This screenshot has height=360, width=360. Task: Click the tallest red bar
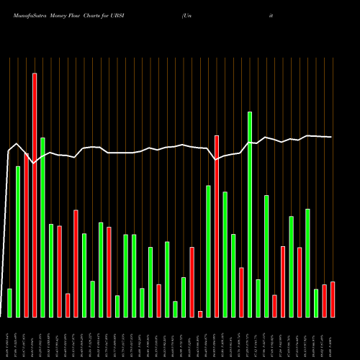click(34, 194)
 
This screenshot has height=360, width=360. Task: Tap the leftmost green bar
click(9, 302)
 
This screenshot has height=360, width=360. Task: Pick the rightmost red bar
click(333, 299)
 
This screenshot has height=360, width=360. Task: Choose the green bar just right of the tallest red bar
click(42, 227)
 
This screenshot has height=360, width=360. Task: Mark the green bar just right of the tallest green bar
click(258, 298)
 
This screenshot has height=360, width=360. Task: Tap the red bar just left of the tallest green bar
click(241, 292)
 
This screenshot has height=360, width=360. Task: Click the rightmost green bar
click(316, 302)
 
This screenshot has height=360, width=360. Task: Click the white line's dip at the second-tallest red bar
click(217, 159)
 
